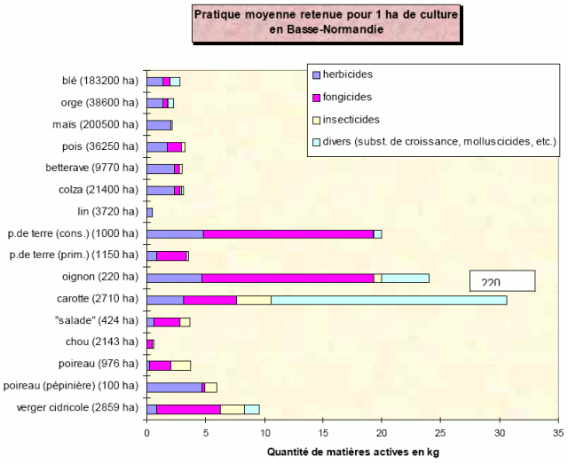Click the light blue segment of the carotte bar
(389, 300)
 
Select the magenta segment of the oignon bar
(288, 278)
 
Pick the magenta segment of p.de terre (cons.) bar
(288, 234)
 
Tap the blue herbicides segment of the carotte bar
(164, 300)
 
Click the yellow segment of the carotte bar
(254, 300)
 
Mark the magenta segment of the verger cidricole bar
(188, 409)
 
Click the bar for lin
(149, 212)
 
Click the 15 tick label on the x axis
(323, 434)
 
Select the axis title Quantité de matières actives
(351, 452)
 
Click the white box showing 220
(502, 281)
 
